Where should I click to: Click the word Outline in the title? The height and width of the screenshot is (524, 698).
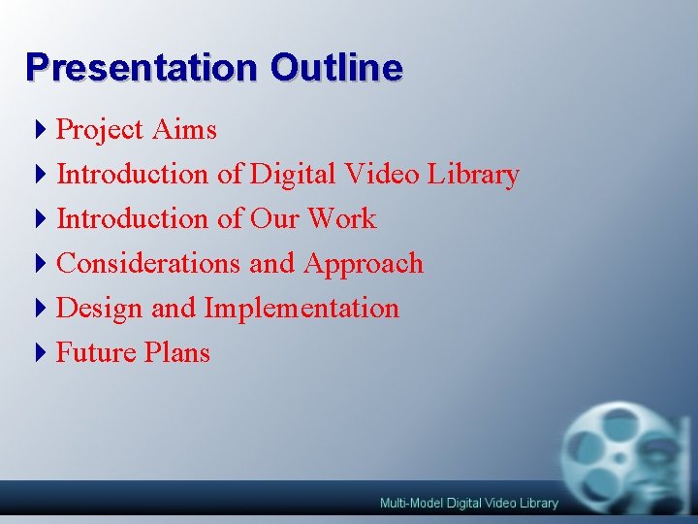coord(336,68)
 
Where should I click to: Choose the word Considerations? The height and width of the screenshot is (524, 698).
coord(149,264)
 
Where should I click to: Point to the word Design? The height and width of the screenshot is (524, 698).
coord(100,309)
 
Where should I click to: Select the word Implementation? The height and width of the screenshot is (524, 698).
coord(301,309)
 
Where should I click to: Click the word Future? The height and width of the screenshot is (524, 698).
coord(97,352)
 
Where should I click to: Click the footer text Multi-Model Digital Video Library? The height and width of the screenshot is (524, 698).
coord(468,503)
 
